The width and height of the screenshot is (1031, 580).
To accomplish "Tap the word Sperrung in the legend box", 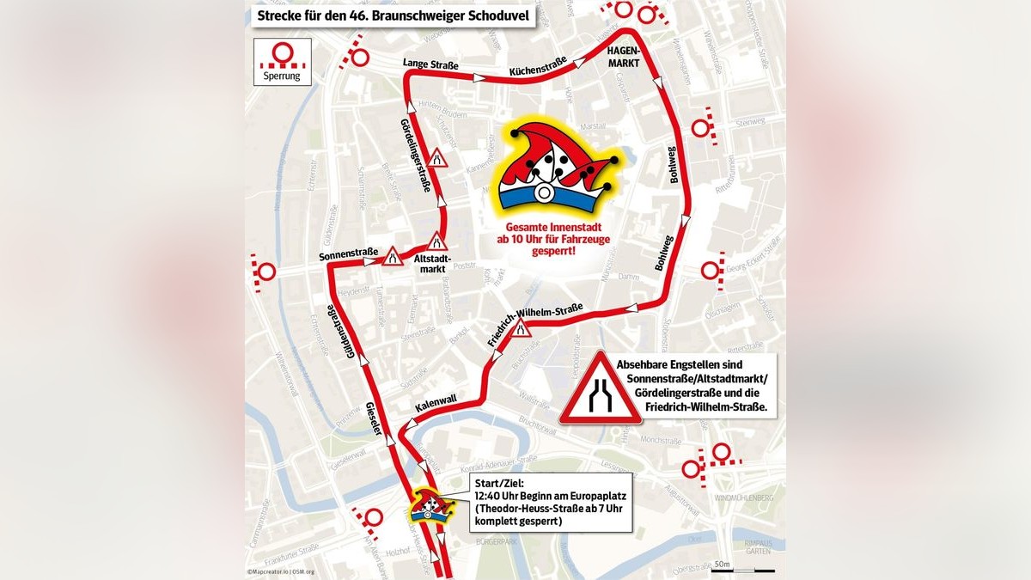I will pos(281,74).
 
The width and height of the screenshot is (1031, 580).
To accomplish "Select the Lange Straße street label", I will pos(430,64).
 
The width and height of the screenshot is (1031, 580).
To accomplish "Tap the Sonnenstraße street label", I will pos(348,253).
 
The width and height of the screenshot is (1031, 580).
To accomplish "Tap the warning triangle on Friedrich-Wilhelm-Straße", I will pos(522,327).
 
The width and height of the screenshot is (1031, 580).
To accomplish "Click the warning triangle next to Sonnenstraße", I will pos(393,256).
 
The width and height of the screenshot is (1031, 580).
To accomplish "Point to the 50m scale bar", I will pos(742,570).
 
